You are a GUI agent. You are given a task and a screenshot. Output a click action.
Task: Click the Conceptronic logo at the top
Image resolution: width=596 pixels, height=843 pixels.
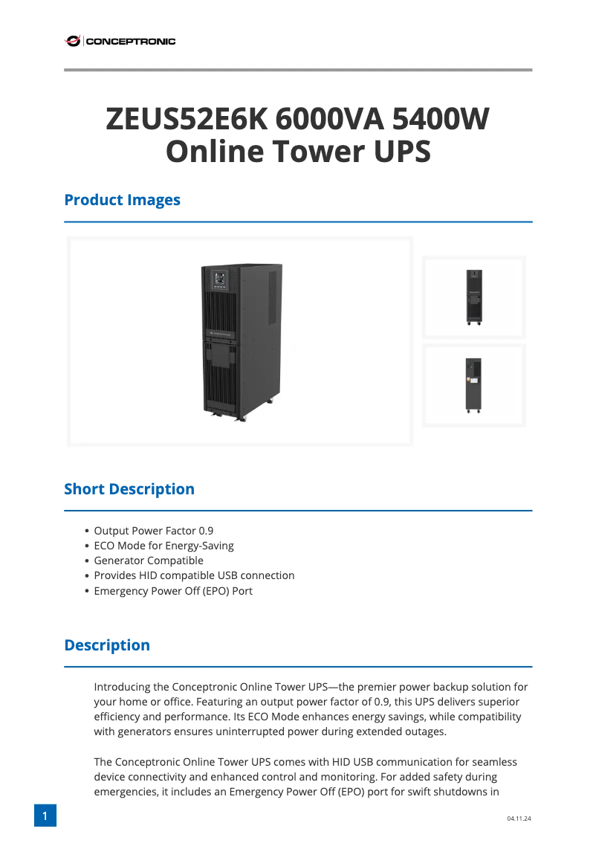(x=120, y=42)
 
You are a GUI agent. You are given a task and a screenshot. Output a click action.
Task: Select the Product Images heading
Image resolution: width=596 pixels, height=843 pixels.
(x=122, y=200)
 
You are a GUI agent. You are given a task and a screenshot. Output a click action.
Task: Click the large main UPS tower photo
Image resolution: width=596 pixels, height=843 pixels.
(x=241, y=342)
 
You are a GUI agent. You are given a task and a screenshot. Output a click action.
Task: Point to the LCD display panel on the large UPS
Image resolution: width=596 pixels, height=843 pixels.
(x=220, y=280)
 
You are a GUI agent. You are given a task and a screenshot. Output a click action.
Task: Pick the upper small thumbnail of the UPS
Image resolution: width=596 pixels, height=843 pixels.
(x=473, y=297)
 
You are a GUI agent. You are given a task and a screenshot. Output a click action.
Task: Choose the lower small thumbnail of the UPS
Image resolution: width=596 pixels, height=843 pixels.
(x=473, y=385)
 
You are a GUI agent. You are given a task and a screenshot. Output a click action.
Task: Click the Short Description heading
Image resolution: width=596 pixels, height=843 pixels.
(x=129, y=489)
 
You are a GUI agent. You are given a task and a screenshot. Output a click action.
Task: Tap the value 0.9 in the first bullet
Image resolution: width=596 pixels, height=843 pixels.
(x=205, y=531)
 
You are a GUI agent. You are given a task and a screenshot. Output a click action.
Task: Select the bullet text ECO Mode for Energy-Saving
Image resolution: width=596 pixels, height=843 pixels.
(x=163, y=546)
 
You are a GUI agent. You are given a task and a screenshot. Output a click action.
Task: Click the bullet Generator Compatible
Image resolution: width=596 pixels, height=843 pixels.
(x=148, y=561)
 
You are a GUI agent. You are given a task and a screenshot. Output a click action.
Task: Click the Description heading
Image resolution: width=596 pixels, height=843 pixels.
(x=107, y=645)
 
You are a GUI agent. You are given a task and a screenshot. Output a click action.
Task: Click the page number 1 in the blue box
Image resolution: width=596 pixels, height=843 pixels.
(x=45, y=816)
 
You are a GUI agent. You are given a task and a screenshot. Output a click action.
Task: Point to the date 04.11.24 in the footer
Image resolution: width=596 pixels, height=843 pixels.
(x=519, y=818)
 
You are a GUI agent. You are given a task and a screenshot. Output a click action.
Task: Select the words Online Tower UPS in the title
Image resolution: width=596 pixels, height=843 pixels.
(x=298, y=152)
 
